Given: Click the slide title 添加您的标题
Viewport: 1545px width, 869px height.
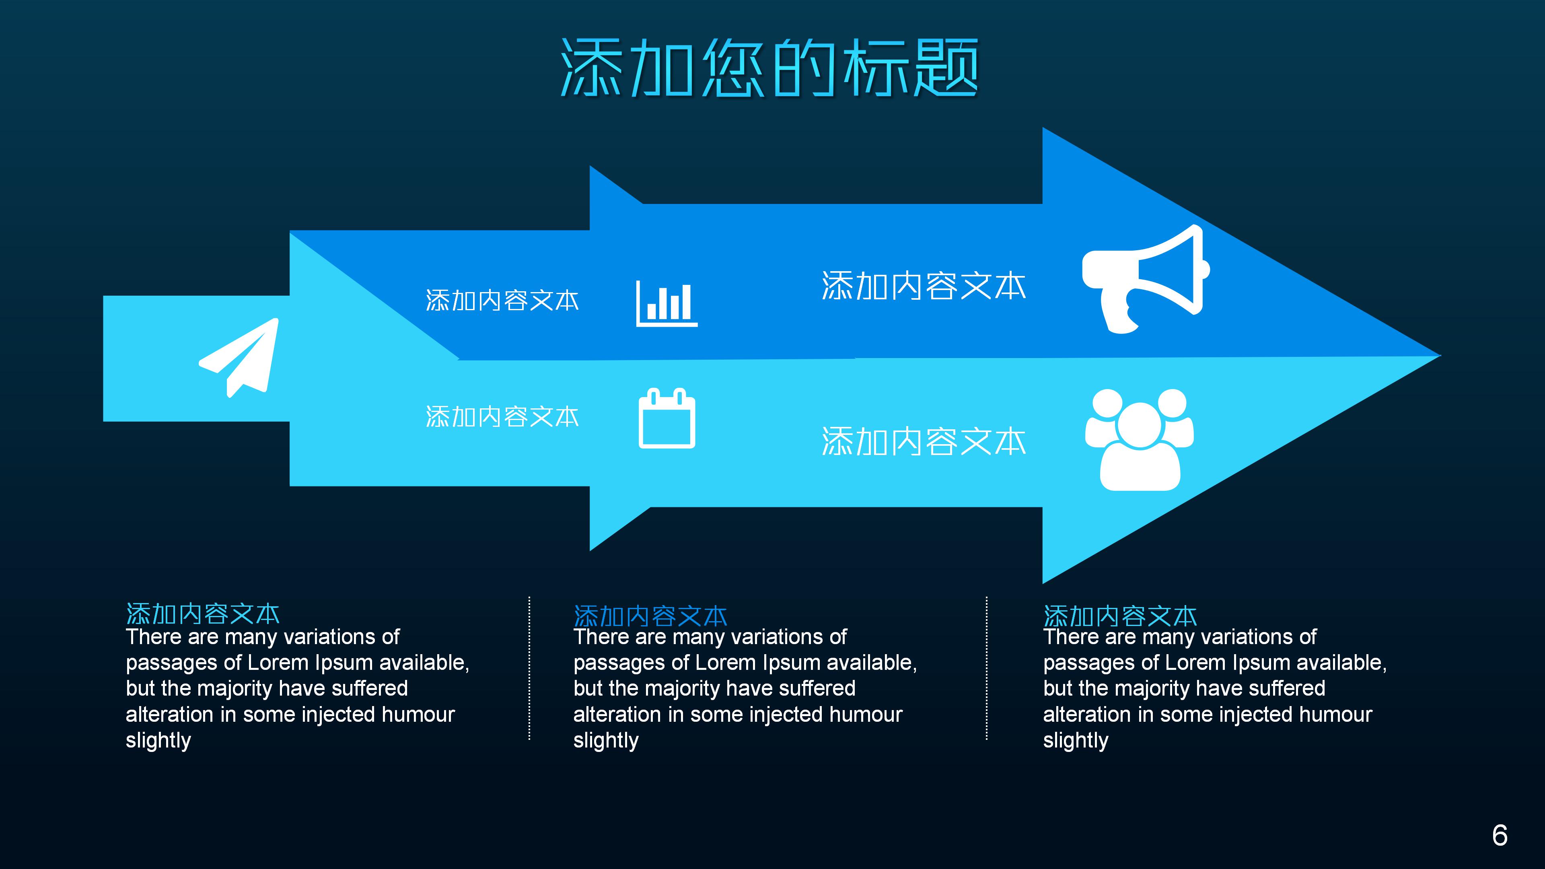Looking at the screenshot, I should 769,68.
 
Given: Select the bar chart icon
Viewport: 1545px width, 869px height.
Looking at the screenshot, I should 667,303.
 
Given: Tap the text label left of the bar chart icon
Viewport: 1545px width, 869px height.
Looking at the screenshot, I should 502,301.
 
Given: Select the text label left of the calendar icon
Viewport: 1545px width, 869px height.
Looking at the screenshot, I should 502,417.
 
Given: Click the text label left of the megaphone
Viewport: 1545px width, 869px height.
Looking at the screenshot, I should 924,286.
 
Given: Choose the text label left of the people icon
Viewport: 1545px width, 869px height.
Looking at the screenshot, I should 924,442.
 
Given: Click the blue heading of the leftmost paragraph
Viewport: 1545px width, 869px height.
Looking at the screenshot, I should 203,614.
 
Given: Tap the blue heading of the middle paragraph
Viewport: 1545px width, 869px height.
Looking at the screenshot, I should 650,616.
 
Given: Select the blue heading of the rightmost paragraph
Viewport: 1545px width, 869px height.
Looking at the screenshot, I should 1120,616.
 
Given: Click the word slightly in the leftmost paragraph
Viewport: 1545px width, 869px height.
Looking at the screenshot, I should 158,741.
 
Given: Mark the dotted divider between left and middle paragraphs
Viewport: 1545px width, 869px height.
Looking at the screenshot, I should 529,668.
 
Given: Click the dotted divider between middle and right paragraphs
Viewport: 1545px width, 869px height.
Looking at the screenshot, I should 987,668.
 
